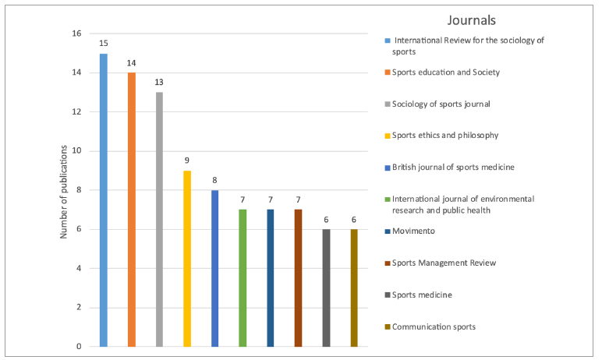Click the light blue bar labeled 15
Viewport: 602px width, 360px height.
tap(104, 200)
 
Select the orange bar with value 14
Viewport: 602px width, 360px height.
tap(132, 210)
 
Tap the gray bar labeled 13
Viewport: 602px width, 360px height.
tap(159, 220)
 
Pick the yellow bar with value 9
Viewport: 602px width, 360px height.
tap(187, 259)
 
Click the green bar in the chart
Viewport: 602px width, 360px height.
tap(243, 278)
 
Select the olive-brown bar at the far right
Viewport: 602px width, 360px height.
tap(354, 288)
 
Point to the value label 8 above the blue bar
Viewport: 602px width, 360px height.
tap(214, 180)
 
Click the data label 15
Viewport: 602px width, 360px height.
tap(104, 44)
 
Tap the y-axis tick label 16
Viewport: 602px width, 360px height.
tap(76, 34)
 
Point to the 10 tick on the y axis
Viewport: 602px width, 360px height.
tap(76, 151)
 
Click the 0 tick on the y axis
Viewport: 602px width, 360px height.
tap(79, 347)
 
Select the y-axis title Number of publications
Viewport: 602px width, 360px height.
tap(63, 192)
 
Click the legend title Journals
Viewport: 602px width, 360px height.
tap(472, 20)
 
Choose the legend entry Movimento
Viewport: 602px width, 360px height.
tap(413, 231)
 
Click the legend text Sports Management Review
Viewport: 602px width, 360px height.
tap(444, 263)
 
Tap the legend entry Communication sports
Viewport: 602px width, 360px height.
tap(434, 326)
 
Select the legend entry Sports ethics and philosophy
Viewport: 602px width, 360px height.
tap(445, 135)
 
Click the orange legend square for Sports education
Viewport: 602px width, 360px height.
tap(388, 72)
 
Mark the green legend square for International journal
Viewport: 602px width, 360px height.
tap(388, 199)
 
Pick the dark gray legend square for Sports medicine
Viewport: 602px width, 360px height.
tap(388, 295)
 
